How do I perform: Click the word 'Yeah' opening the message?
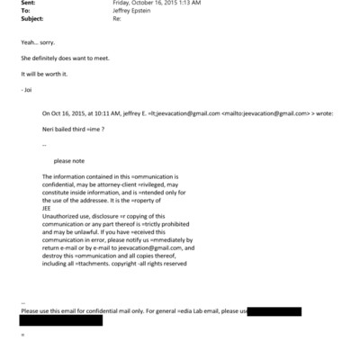tap(27, 42)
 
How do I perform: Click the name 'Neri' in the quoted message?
tap(49, 130)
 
